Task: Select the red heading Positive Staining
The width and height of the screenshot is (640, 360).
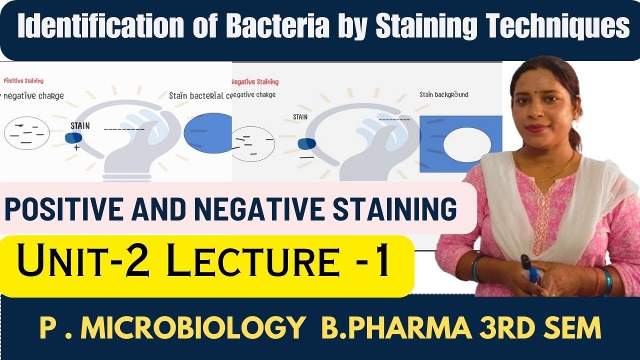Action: (23, 80)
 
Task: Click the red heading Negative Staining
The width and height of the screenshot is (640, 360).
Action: (255, 82)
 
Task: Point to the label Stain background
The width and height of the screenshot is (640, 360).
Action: (443, 94)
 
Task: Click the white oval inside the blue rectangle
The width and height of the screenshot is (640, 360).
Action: (467, 145)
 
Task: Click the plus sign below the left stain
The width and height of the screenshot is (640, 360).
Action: (77, 148)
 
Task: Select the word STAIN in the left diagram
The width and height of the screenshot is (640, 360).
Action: (80, 126)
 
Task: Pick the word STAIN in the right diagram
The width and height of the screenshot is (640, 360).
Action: (300, 118)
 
